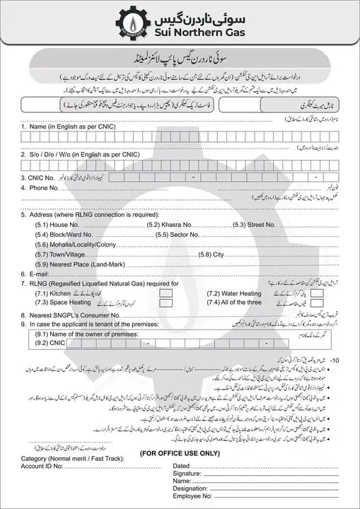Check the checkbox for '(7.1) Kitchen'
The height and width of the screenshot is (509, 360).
(166, 293)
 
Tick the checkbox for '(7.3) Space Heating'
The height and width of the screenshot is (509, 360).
(166, 303)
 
